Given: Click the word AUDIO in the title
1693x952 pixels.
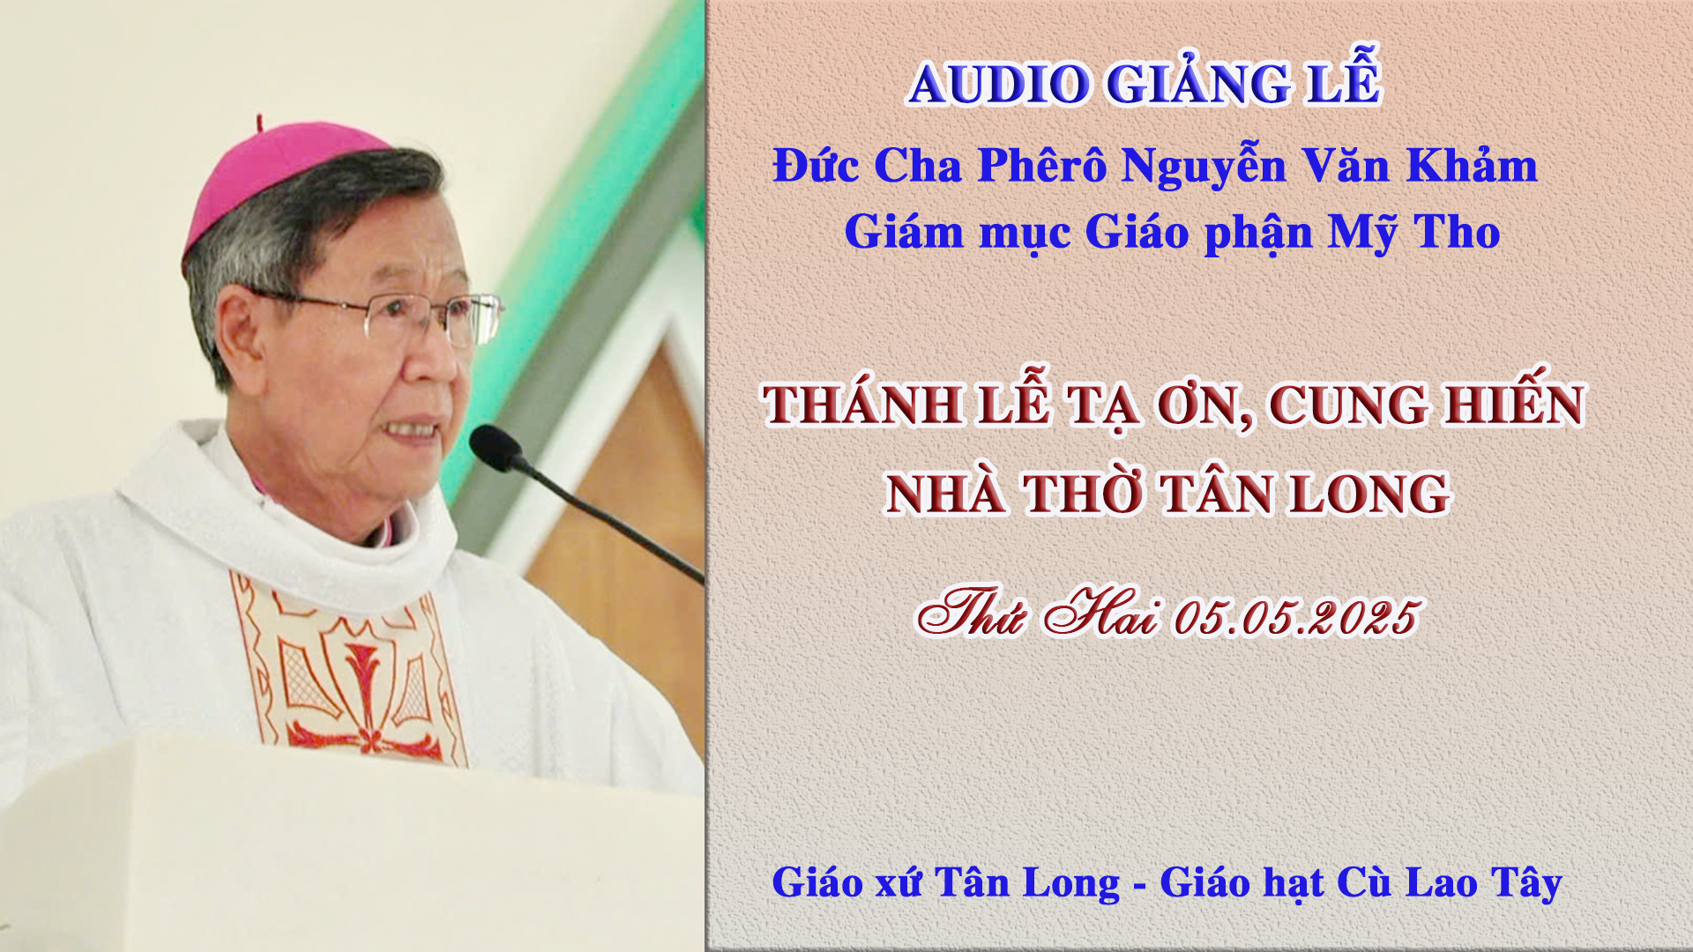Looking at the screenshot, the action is coord(999,85).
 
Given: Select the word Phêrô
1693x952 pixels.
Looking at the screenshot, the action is coord(1042,165).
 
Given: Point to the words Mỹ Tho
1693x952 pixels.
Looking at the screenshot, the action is coord(1414,233).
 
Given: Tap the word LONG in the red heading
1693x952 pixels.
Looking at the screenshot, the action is coord(1369,494).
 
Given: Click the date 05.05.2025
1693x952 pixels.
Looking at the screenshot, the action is coord(1295,617).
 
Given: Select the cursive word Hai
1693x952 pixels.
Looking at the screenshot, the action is coord(1100,612).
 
